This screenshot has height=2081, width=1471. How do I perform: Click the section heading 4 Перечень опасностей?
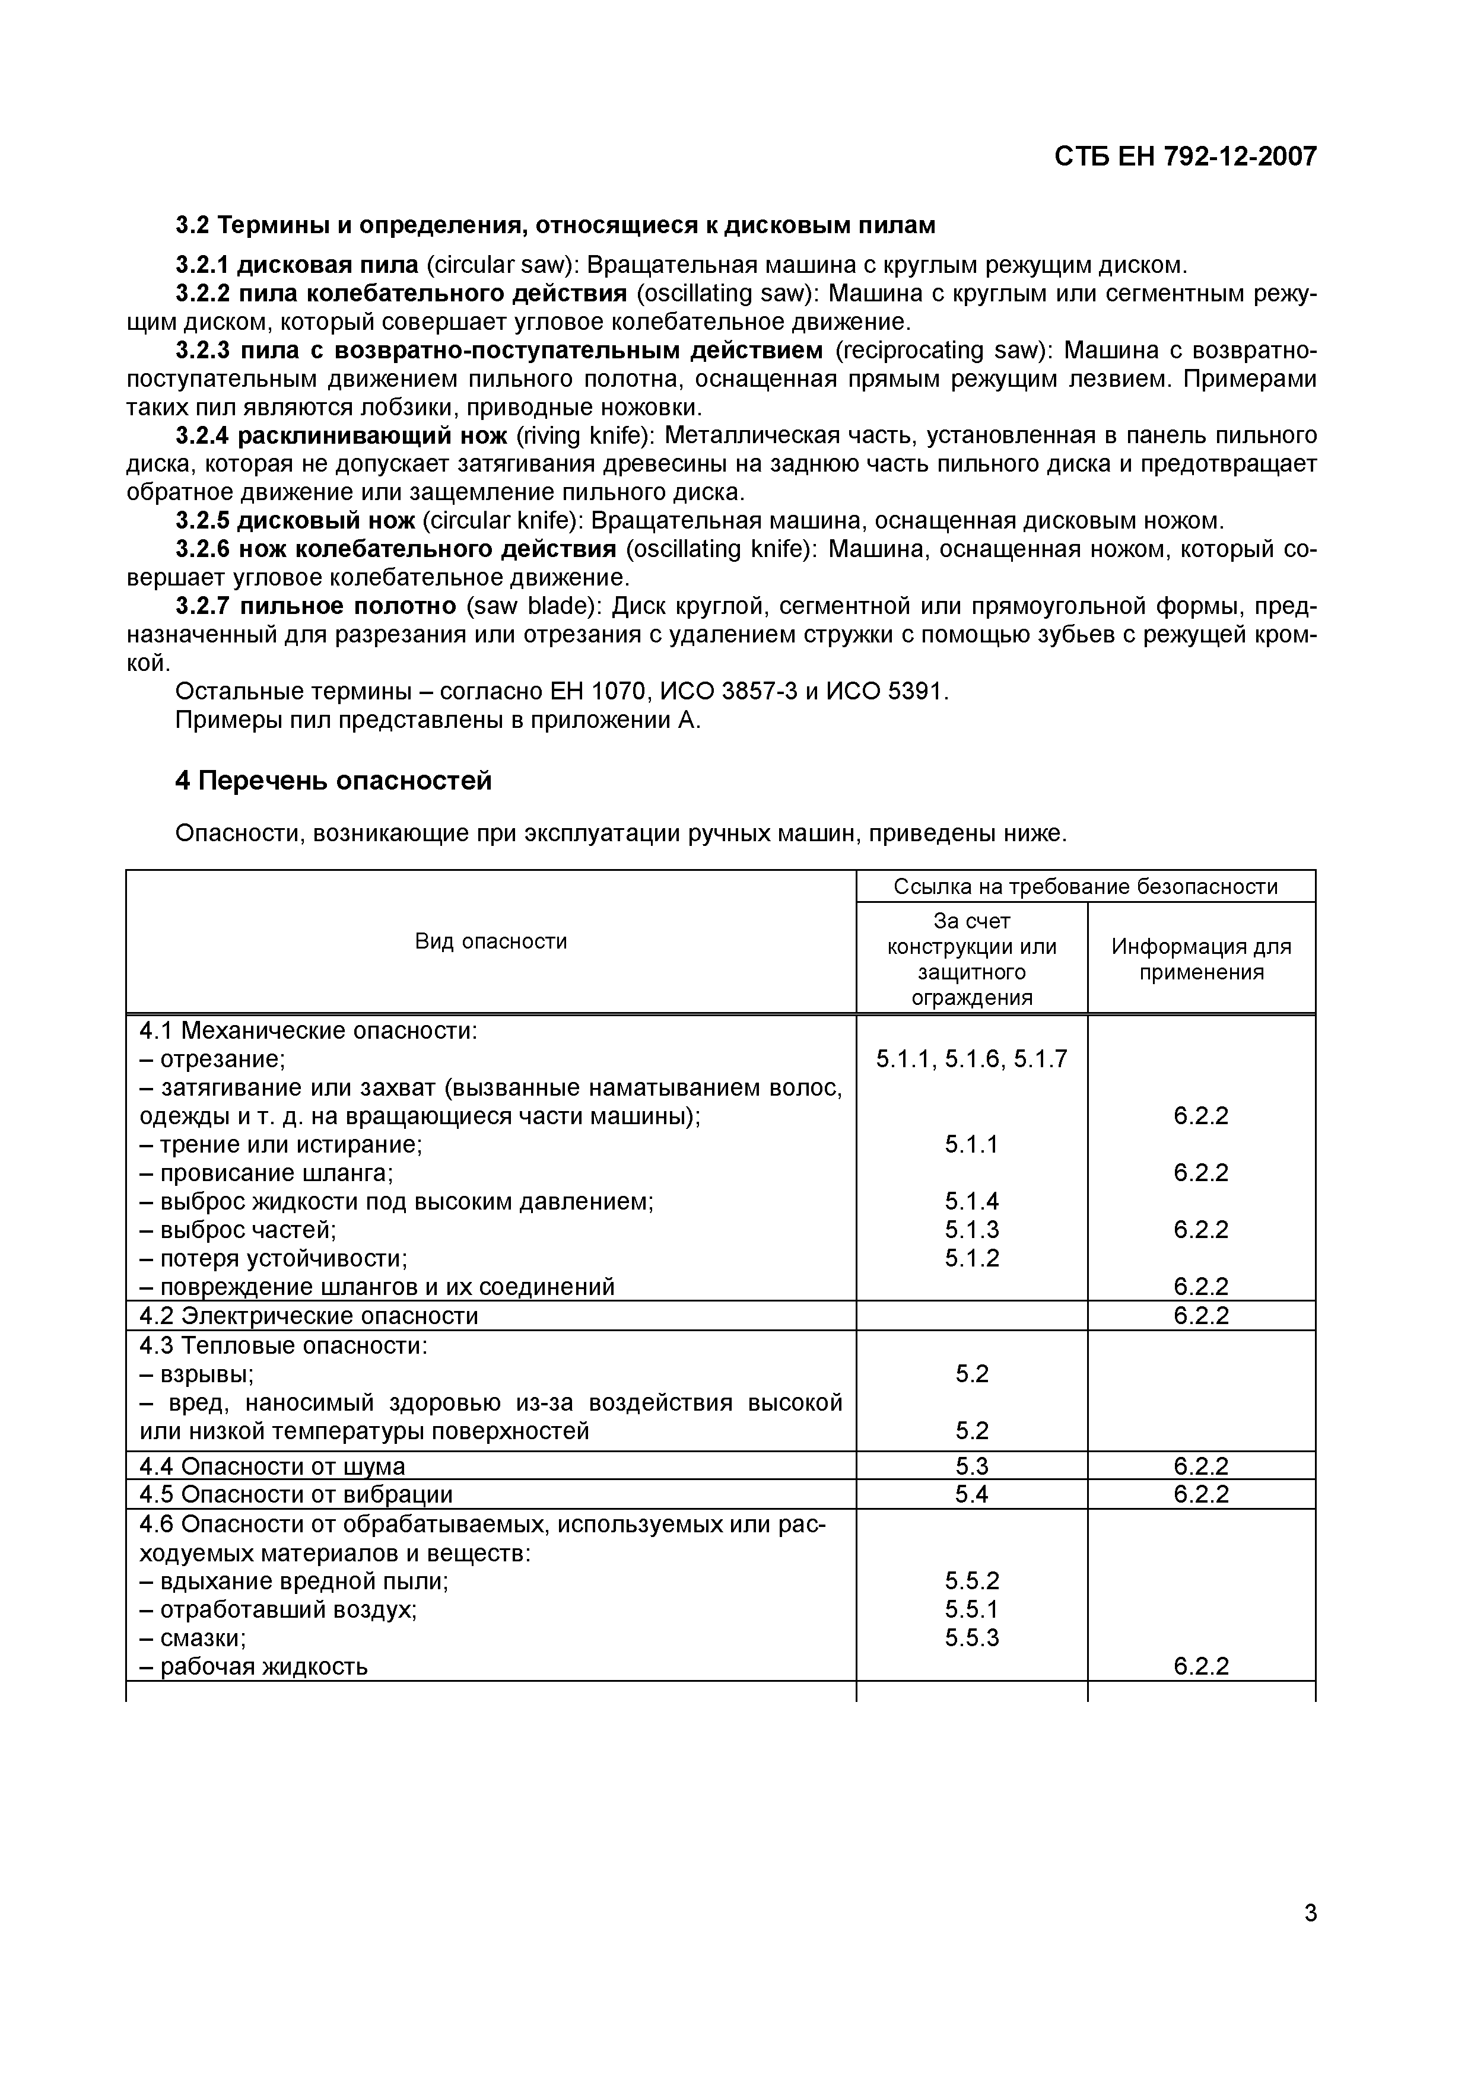(333, 781)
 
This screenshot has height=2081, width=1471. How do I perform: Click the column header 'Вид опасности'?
(490, 941)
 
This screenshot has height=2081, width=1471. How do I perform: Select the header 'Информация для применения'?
(1201, 959)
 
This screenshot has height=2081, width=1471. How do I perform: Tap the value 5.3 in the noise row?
(971, 1466)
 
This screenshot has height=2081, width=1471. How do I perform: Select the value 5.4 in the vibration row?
(971, 1494)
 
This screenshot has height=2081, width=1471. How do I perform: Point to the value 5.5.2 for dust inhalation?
(971, 1581)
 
